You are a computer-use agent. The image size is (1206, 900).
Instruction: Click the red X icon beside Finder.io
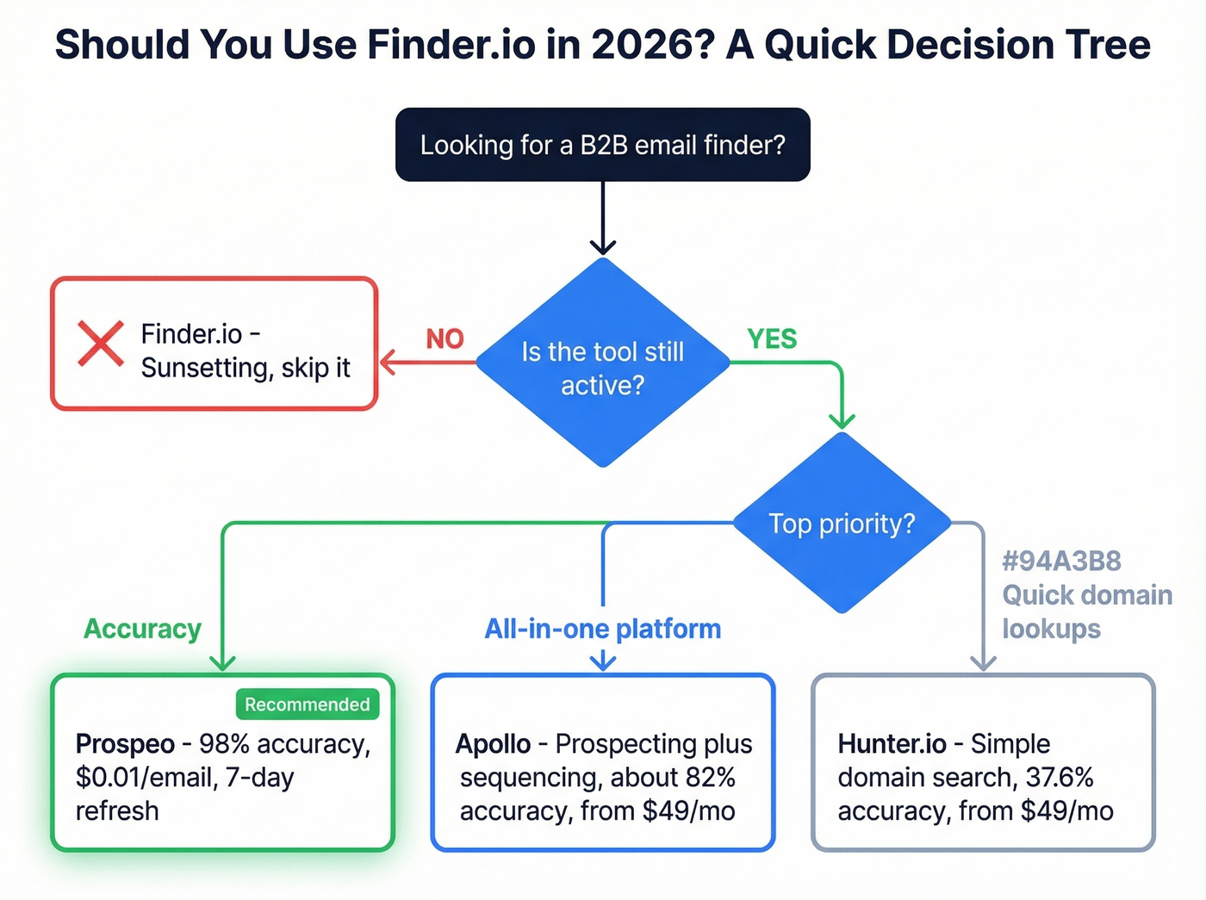coord(101,343)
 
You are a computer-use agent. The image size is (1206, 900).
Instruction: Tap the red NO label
coord(444,339)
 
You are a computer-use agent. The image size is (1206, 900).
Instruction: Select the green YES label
coord(772,339)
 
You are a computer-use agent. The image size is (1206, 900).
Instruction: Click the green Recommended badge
coord(307,704)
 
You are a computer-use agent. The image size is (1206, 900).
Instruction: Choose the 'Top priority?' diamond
coord(842,524)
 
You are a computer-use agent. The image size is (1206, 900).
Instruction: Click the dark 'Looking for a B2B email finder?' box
coord(602,145)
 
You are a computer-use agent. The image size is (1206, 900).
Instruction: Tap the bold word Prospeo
coord(125,744)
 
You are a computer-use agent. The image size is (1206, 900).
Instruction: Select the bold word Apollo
coord(493,744)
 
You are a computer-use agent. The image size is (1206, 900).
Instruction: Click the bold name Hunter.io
coord(892,744)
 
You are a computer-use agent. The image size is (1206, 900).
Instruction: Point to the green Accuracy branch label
coord(142,630)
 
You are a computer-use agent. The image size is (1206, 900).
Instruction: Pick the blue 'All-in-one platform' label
coord(602,630)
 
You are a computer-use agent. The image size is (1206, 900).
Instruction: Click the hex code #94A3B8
coord(1061,562)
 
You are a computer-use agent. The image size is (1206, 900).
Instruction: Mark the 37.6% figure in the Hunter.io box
coord(1059,778)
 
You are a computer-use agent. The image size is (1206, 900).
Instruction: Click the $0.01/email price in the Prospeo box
coord(146,778)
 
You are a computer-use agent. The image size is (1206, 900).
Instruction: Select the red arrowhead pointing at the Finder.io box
coord(387,363)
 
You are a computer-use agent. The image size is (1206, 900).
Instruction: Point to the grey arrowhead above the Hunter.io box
coord(983,662)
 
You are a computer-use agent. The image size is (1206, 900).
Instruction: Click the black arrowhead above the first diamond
coord(603,247)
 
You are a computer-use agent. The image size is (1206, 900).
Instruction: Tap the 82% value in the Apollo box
coord(710,778)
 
